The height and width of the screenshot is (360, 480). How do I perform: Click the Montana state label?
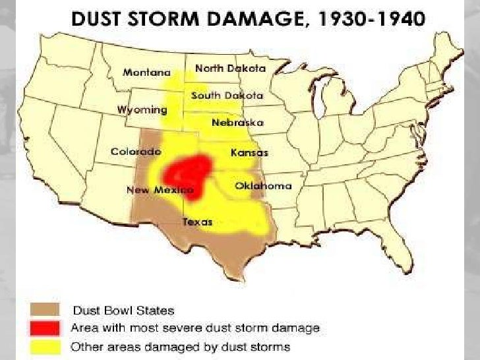pos(146,73)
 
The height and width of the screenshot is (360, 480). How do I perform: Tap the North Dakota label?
pos(230,69)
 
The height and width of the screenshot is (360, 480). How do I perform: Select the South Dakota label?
pos(227,96)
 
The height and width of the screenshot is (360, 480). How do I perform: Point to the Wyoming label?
pos(142,109)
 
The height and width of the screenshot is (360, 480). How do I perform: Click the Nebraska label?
pos(237,123)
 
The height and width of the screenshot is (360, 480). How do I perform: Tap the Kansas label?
pos(249,152)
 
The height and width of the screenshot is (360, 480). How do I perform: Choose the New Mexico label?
pos(154,190)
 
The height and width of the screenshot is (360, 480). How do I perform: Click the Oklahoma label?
pos(263,186)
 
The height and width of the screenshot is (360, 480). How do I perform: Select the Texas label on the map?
pos(197,222)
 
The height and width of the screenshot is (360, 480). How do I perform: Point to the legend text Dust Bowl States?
pos(123,310)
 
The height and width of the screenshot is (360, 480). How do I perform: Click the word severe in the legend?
pos(189,328)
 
